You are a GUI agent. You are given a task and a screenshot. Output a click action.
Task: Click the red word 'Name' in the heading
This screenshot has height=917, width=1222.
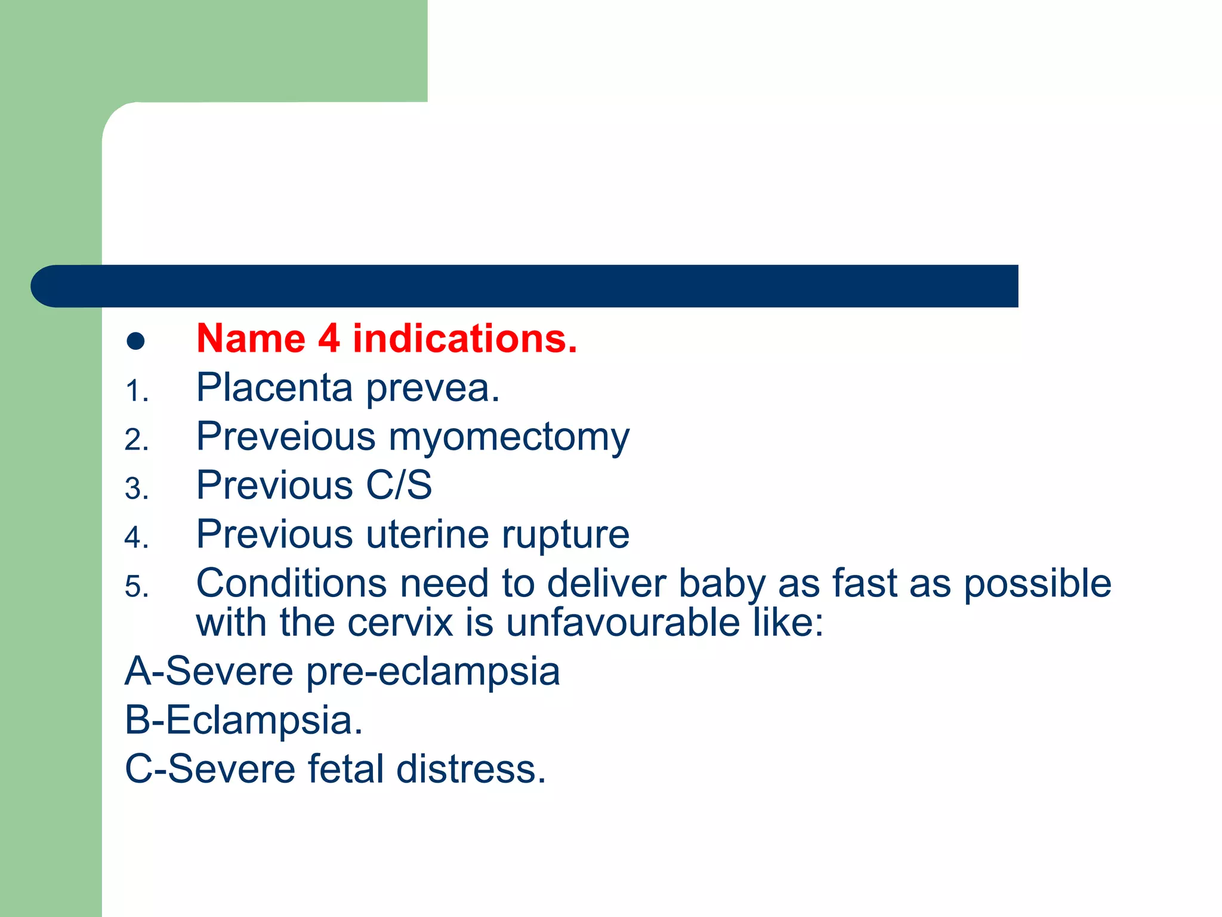click(x=251, y=339)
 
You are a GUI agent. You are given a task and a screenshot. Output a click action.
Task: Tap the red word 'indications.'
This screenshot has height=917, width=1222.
click(x=465, y=339)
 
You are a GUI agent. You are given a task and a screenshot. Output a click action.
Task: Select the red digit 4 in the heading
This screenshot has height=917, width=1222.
click(x=329, y=339)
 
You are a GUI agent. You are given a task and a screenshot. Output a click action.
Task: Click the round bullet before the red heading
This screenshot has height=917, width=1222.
click(x=136, y=341)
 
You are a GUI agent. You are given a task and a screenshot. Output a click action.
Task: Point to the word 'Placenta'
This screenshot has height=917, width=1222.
click(x=274, y=388)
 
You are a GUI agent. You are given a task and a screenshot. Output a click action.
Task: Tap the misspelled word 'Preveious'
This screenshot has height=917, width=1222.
click(x=286, y=437)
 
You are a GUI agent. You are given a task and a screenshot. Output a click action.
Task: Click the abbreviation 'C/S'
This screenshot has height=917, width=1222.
click(x=399, y=485)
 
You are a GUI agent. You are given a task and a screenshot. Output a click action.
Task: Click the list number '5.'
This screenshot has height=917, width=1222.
click(x=137, y=587)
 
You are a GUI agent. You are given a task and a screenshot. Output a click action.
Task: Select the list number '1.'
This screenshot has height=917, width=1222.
click(x=137, y=392)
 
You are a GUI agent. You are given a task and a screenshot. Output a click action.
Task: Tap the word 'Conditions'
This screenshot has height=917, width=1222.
click(x=291, y=583)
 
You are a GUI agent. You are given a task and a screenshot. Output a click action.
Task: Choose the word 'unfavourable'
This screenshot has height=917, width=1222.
click(x=623, y=623)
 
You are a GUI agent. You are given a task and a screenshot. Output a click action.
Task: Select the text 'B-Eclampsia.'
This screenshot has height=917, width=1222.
click(x=243, y=721)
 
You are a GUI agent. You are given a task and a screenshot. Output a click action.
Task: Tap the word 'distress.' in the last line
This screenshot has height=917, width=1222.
click(x=471, y=769)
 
